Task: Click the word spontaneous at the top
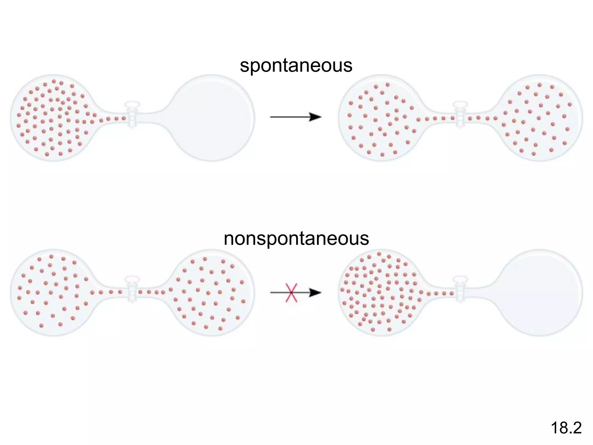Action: pyautogui.click(x=296, y=65)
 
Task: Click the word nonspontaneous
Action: pyautogui.click(x=296, y=239)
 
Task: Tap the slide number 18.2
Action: pyautogui.click(x=566, y=428)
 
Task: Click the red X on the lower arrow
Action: pyautogui.click(x=291, y=293)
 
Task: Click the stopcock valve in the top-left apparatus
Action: pyautogui.click(x=132, y=114)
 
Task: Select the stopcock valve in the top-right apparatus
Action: pyautogui.click(x=460, y=114)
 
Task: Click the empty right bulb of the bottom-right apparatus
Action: pyautogui.click(x=540, y=293)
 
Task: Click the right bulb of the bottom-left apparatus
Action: pyautogui.click(x=211, y=293)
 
